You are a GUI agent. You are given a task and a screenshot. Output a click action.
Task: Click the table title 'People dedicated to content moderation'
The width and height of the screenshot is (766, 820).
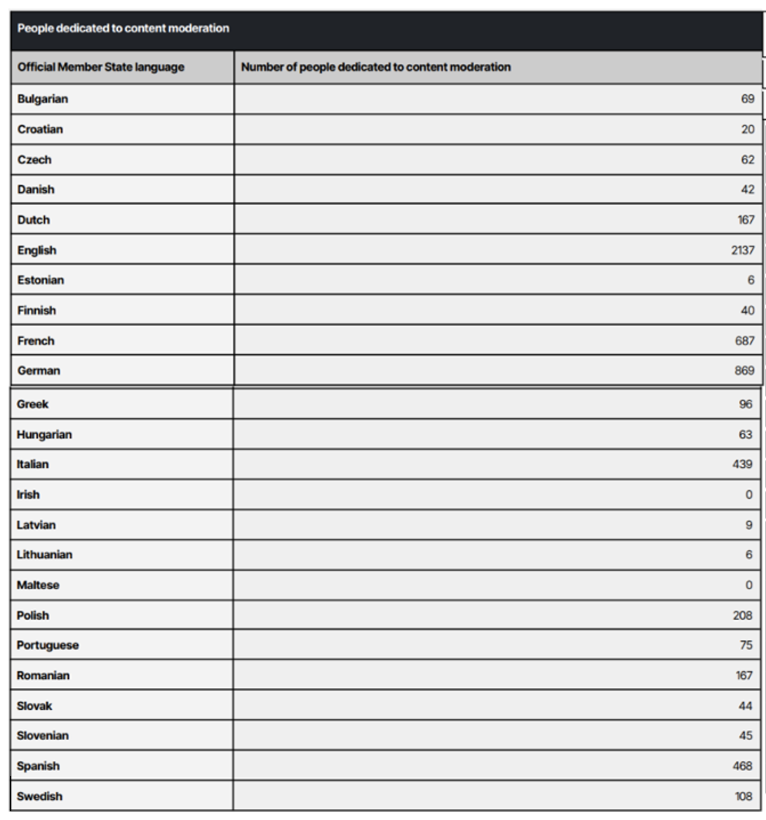[123, 29]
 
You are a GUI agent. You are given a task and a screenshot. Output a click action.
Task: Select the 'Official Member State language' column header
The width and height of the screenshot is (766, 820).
[101, 67]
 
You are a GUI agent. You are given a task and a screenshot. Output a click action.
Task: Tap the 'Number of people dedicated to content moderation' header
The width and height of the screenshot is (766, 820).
[375, 67]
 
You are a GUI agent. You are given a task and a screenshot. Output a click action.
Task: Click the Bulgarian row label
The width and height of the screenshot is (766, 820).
[43, 99]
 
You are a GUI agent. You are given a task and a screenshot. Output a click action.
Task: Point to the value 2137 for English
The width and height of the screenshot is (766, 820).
[742, 250]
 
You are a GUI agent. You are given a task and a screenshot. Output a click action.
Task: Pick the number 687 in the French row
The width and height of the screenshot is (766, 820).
[745, 341]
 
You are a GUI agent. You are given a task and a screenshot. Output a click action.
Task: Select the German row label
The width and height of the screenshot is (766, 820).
[39, 371]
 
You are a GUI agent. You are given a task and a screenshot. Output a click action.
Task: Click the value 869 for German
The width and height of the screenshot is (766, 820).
[745, 371]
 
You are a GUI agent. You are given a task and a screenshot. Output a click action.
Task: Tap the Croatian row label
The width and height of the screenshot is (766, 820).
[40, 129]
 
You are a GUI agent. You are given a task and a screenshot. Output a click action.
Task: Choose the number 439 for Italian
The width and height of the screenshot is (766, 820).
[742, 464]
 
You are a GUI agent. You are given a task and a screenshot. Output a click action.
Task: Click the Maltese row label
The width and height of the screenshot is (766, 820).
[38, 585]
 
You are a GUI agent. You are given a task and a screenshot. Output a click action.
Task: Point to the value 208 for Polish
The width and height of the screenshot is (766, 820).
[742, 615]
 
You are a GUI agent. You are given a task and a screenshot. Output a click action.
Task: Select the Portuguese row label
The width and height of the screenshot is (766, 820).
[48, 645]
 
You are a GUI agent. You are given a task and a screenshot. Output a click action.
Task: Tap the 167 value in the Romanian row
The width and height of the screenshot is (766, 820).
[742, 676]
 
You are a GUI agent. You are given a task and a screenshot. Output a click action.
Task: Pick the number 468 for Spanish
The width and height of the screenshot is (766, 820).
[742, 766]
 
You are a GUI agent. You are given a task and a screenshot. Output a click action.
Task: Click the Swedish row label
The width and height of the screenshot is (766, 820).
[39, 796]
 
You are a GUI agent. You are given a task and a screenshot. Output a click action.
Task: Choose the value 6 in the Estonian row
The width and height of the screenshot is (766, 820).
[751, 280]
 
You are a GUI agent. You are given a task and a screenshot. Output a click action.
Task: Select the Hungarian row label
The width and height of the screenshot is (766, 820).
[44, 434]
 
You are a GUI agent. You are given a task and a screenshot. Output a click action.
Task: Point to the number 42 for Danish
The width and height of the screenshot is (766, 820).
[748, 189]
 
